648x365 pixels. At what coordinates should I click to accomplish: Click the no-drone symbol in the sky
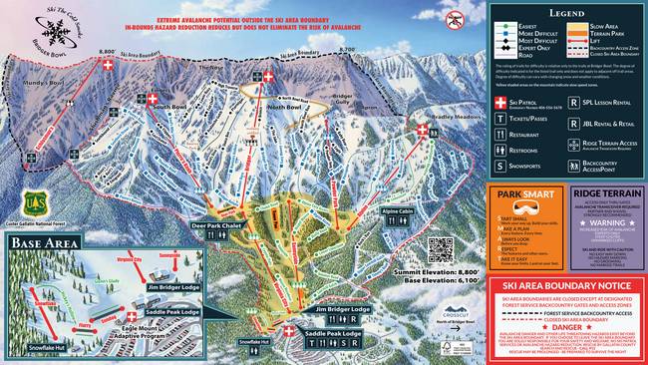pos(456,18)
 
